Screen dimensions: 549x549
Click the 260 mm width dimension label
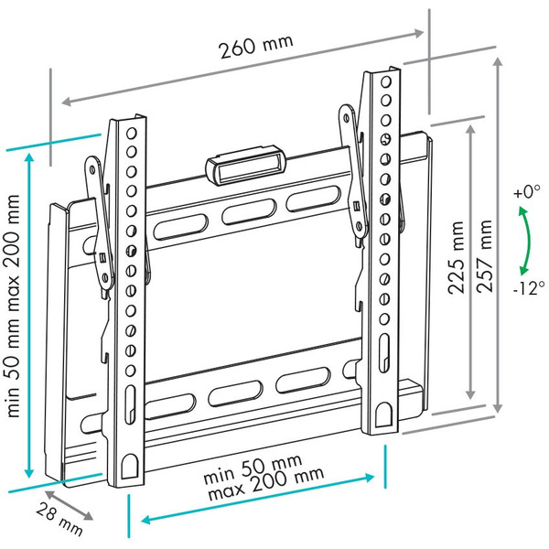(x=256, y=47)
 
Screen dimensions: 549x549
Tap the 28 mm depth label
(x=59, y=519)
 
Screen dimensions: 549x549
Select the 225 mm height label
(x=457, y=257)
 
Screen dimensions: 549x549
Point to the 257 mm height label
(x=485, y=256)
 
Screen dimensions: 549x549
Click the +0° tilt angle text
(x=527, y=192)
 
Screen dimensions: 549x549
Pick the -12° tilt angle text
(x=529, y=288)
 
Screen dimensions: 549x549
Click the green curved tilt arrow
(x=525, y=241)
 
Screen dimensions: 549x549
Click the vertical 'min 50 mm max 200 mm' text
(x=14, y=306)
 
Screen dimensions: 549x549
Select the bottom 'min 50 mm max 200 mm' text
(x=264, y=478)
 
